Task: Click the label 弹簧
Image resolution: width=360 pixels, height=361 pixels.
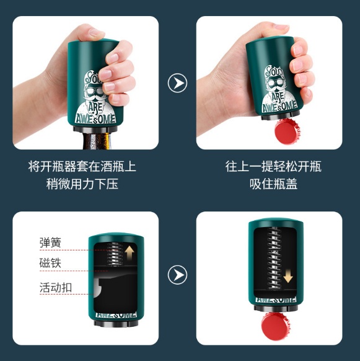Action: point(50,243)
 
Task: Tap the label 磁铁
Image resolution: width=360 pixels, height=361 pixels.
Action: point(50,263)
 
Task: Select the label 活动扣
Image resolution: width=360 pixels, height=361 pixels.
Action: point(56,288)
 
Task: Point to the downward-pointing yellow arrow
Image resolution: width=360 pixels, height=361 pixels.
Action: point(288,276)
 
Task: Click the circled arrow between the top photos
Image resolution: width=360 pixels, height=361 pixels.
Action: point(177,83)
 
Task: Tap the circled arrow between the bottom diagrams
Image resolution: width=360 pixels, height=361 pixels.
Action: point(177,275)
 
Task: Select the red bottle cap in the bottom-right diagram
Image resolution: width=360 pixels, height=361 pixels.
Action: point(276,326)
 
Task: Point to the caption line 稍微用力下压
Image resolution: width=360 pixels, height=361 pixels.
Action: point(82,184)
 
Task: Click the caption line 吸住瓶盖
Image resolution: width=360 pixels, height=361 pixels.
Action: point(273,184)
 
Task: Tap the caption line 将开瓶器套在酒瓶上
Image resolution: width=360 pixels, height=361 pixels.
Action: point(82,166)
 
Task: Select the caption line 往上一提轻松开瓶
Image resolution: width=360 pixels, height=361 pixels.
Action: point(273,166)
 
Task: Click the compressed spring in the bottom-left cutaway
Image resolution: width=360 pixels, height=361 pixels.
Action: point(115,254)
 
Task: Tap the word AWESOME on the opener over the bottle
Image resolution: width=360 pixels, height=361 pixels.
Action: point(95,119)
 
